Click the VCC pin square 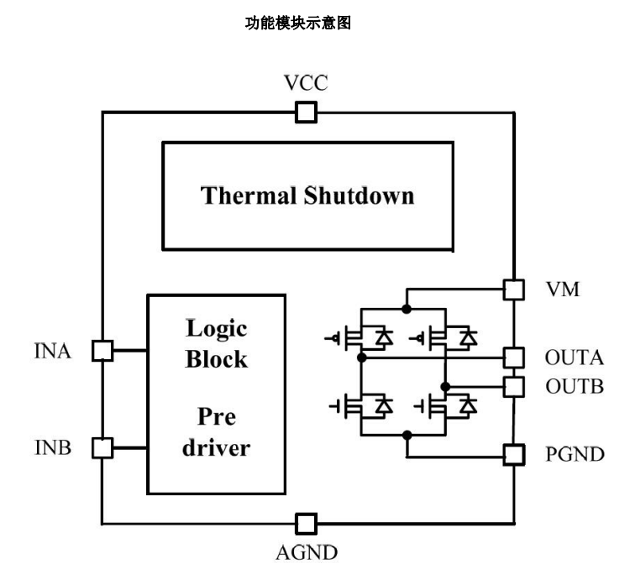coord(306,112)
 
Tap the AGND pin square coord(306,523)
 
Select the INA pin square coord(102,351)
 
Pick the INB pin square coord(102,447)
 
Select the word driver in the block coord(217,446)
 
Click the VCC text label coord(306,84)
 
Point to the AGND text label coord(307,553)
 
